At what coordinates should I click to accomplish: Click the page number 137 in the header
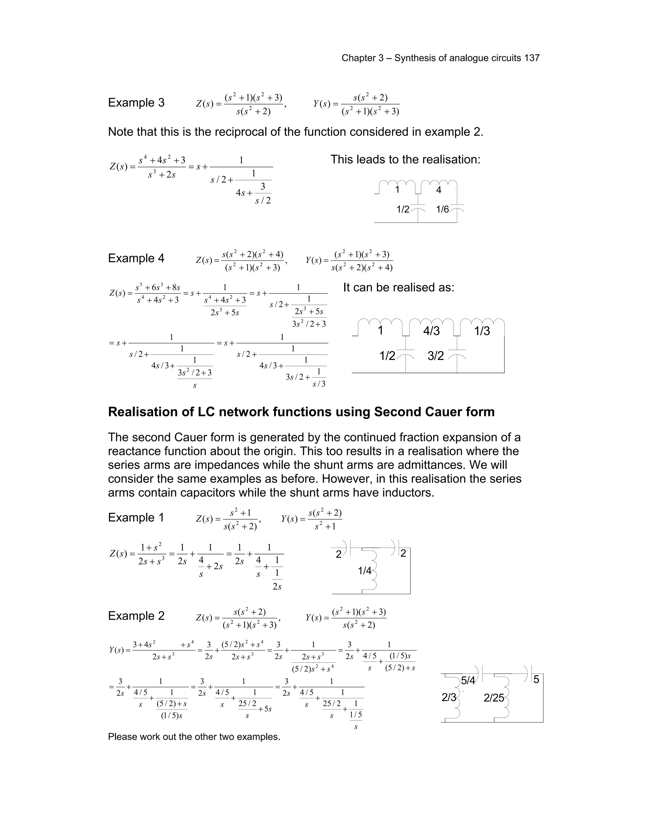(x=532, y=58)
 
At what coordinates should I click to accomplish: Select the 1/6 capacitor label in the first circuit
(x=442, y=209)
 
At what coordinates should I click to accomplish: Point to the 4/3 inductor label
(x=431, y=331)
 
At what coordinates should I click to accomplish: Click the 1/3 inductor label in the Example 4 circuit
(x=482, y=331)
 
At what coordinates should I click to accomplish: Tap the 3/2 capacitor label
(x=435, y=356)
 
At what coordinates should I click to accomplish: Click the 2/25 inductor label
(x=494, y=697)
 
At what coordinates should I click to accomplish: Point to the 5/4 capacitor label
(x=468, y=681)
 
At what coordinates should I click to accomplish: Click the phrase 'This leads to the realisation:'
(x=405, y=160)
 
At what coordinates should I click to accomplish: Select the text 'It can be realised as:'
(x=398, y=287)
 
